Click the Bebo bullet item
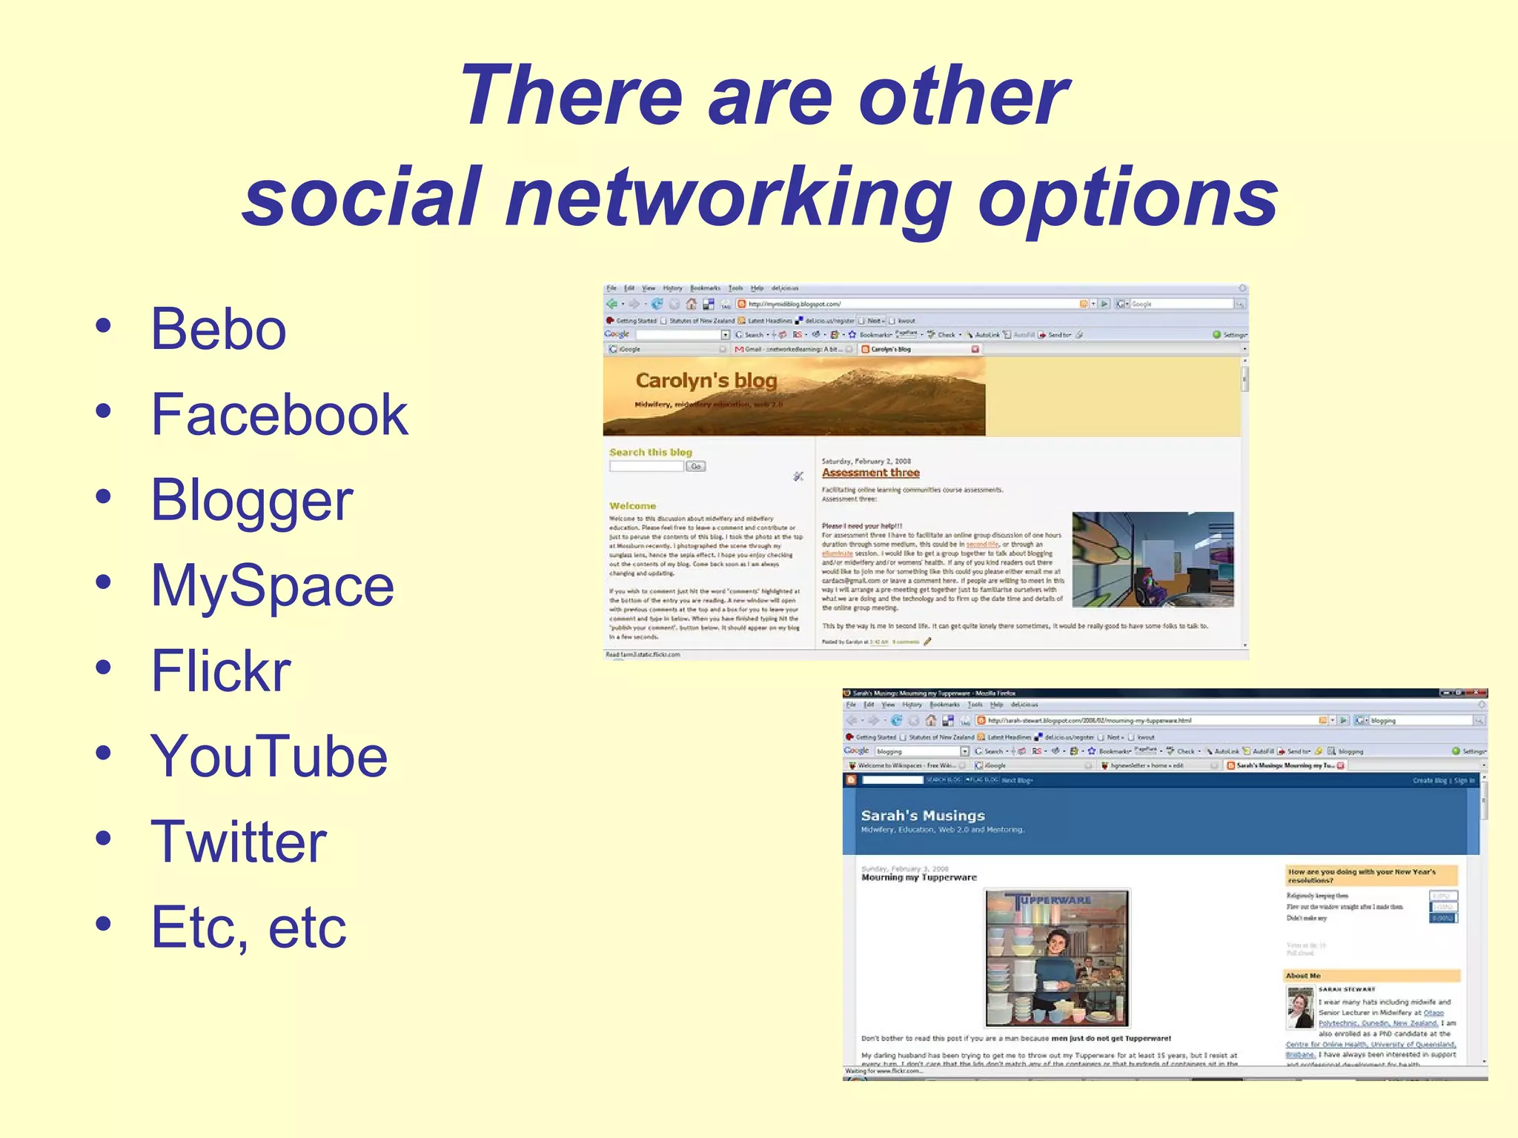point(218,329)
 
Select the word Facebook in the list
point(279,414)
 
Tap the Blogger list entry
point(252,500)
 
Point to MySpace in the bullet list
point(272,585)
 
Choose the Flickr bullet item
point(221,671)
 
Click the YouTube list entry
point(269,756)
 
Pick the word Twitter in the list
point(238,842)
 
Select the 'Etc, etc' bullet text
point(248,927)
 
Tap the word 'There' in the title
point(571,96)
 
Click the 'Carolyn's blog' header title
point(706,381)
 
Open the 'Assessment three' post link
point(870,473)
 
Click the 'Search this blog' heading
point(650,452)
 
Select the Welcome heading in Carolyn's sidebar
point(632,506)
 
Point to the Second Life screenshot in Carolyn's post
point(1153,559)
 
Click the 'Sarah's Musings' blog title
point(923,816)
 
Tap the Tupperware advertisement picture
point(1057,958)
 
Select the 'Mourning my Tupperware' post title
point(918,878)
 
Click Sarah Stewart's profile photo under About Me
point(1300,1008)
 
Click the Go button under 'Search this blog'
point(695,467)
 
